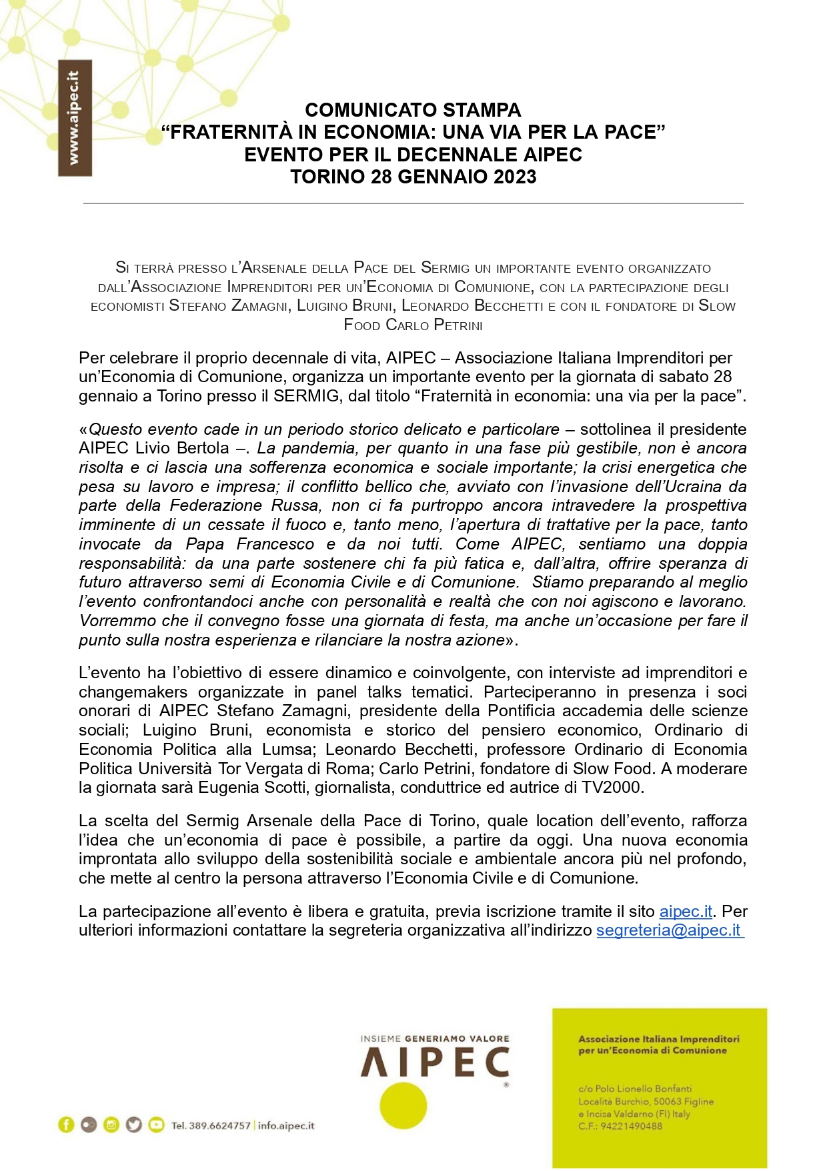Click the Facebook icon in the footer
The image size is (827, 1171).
coord(66,1125)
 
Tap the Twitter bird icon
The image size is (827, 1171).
coord(134,1125)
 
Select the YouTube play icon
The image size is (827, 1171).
coord(156,1125)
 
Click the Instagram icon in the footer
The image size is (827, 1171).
coord(111,1125)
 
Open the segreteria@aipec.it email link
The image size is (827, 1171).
coord(668,930)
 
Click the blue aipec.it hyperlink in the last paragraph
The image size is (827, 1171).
coord(686,911)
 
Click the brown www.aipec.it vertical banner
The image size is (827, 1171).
coord(75,118)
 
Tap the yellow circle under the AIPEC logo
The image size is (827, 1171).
coord(403,1106)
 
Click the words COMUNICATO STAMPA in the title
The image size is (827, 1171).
coord(413,109)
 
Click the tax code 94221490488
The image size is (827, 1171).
coord(631,1126)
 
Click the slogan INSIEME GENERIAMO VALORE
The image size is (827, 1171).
coord(434,1038)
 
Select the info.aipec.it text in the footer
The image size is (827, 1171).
coord(286,1126)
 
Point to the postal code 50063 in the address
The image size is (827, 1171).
coord(668,1102)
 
